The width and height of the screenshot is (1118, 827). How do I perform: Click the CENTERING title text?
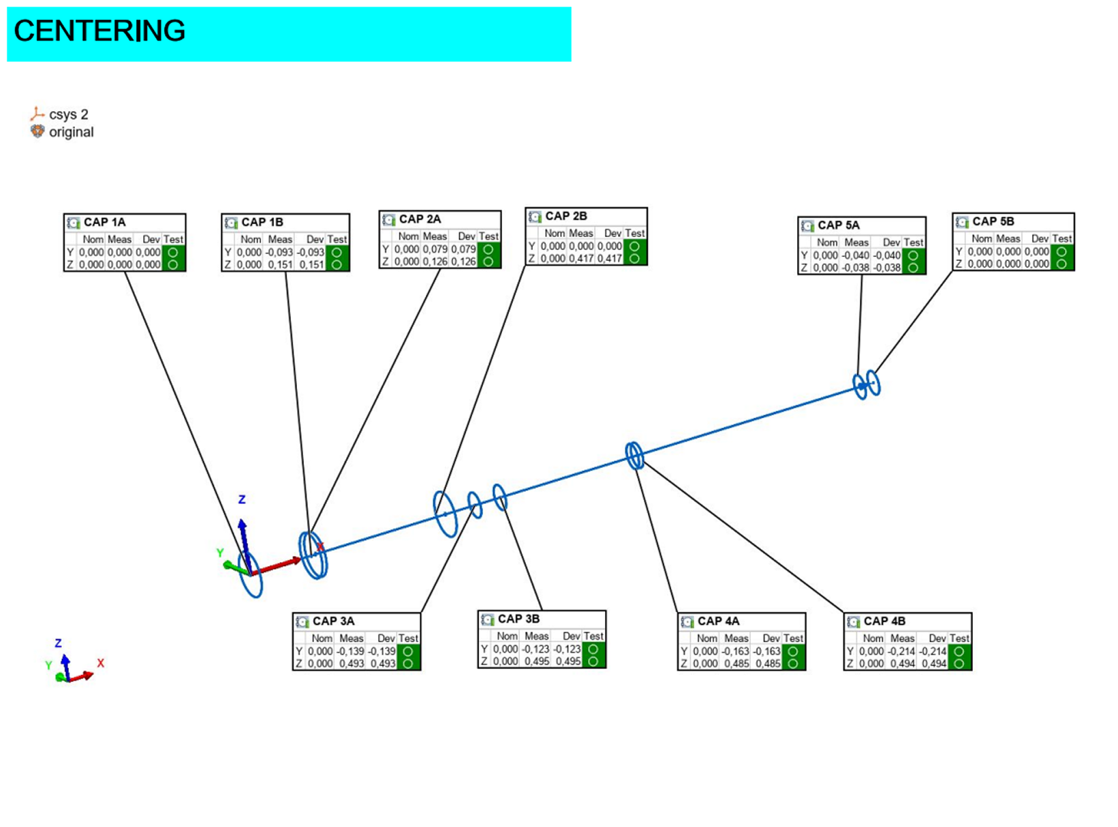coord(99,31)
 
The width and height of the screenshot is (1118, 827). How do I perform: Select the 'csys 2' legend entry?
coord(68,114)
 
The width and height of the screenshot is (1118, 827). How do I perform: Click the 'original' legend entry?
coord(71,132)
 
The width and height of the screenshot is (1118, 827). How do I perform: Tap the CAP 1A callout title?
coord(104,222)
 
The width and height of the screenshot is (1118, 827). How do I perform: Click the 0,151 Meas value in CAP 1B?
coord(281,264)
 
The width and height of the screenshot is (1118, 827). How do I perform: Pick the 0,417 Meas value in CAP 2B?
coord(581,258)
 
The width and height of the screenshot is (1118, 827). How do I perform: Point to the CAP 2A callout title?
coord(420,219)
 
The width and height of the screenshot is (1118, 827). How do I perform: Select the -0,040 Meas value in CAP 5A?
coord(856,255)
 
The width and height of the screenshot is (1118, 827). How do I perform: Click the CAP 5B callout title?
coord(993,221)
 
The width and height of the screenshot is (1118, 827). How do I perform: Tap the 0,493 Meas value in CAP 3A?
coord(352,664)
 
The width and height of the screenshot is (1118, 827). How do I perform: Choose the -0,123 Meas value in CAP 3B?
coord(535,649)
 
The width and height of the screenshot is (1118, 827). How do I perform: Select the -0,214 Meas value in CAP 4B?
coord(902,651)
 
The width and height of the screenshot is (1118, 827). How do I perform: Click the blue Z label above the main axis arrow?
coord(242,499)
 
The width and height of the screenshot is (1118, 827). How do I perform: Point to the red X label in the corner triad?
coord(100,663)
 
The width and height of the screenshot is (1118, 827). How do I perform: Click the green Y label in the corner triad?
coord(48,666)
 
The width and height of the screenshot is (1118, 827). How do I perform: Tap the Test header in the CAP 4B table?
coord(959,638)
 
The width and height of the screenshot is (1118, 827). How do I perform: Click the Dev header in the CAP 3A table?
coord(386,638)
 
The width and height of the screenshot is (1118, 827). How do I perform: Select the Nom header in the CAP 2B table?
coord(555,233)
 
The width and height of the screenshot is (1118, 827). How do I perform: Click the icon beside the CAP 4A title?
coord(687,621)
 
